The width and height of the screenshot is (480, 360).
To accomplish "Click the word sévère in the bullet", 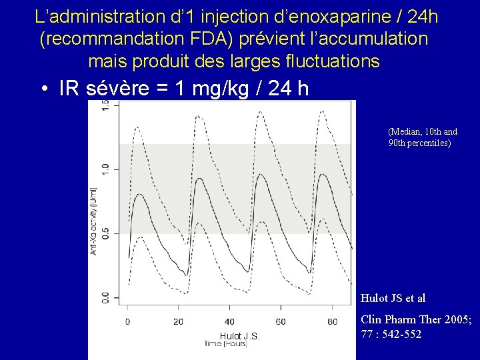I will [x=121, y=89].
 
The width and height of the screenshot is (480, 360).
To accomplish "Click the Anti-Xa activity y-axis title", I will [x=94, y=220].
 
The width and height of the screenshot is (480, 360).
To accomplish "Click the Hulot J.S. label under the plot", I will [x=239, y=336].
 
